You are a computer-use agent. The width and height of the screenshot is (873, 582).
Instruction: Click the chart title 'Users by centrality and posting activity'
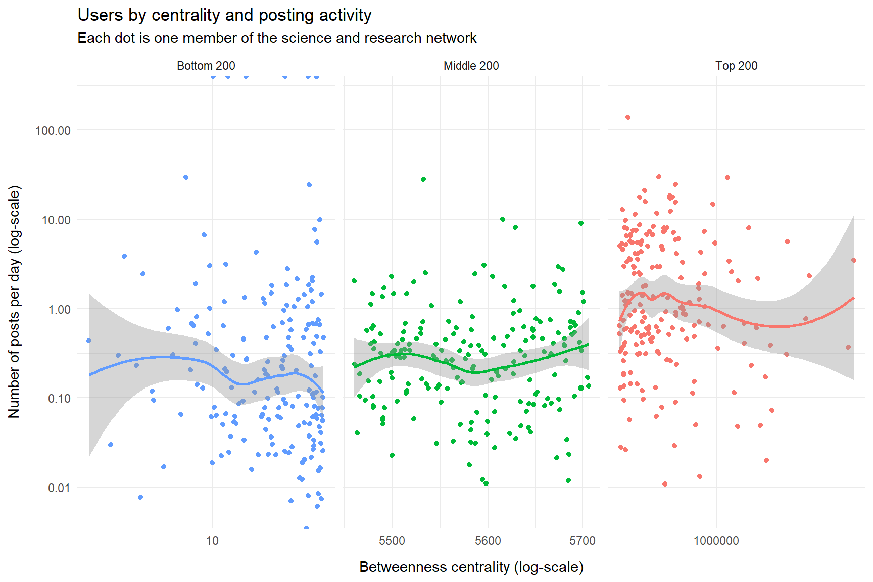coord(224,15)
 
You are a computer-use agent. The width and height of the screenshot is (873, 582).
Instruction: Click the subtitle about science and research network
coord(277,38)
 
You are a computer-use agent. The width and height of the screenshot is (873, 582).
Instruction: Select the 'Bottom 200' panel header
coord(206,66)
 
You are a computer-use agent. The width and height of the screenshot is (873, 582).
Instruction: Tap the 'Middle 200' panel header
coord(471,66)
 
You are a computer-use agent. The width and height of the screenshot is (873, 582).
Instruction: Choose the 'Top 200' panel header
coord(736,66)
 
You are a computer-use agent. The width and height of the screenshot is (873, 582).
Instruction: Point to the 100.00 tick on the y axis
coord(53,131)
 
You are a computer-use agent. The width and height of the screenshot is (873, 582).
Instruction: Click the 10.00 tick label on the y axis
coord(56,220)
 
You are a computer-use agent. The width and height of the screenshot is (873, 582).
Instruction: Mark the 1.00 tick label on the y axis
coord(59,310)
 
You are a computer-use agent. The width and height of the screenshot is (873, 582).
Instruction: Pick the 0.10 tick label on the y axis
coord(59,399)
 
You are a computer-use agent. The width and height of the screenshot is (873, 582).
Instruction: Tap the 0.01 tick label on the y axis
coord(59,488)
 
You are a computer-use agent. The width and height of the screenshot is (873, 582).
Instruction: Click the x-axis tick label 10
coord(212,541)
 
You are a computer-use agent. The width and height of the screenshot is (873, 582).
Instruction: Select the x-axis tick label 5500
coord(392,541)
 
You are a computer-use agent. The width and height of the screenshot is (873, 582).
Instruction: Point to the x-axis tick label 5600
coord(488,541)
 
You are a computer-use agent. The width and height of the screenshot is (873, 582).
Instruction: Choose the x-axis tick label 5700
coord(583,541)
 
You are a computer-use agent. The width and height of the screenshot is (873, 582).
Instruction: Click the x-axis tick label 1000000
coord(716,541)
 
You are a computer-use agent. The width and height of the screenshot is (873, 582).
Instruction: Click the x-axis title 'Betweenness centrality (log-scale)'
coord(471,567)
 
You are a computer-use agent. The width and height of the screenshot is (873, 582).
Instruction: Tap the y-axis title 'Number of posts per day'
coord(14,302)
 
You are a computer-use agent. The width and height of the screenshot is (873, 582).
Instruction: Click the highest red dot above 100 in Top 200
coord(628,117)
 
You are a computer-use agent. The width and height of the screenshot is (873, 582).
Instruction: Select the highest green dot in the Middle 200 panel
coord(423,179)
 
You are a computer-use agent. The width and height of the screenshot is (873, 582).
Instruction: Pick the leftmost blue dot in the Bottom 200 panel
coord(89,341)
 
